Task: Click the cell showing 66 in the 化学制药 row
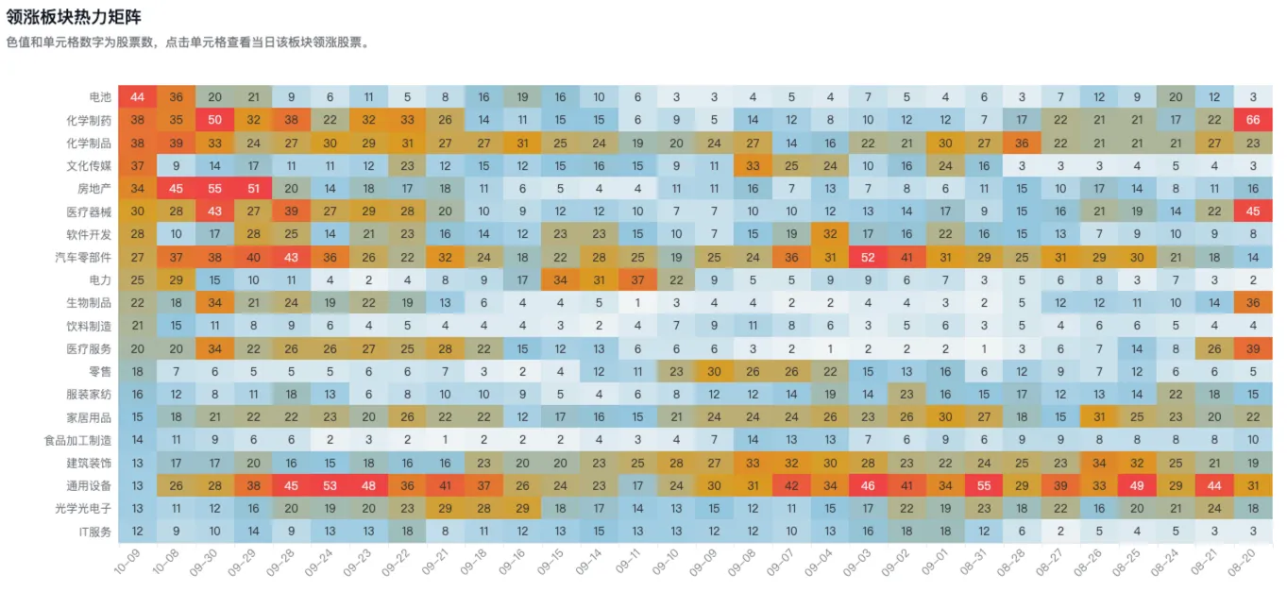(x=1252, y=120)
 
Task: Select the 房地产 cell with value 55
(x=214, y=189)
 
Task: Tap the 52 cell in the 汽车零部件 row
(x=868, y=257)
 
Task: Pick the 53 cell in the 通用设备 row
(x=330, y=485)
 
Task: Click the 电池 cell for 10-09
(x=137, y=97)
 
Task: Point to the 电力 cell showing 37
(x=637, y=279)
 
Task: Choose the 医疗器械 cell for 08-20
(x=1252, y=211)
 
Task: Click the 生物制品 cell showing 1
(x=637, y=303)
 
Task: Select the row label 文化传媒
(x=89, y=166)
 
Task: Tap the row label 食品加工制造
(x=77, y=440)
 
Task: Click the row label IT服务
(x=94, y=532)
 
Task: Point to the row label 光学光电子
(x=83, y=509)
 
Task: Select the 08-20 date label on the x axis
(x=1244, y=562)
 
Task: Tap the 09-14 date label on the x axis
(x=590, y=562)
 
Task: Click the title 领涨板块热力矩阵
(x=74, y=17)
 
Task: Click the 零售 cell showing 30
(x=714, y=371)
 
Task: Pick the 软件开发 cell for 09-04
(x=830, y=234)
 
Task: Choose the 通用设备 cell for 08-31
(x=984, y=485)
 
